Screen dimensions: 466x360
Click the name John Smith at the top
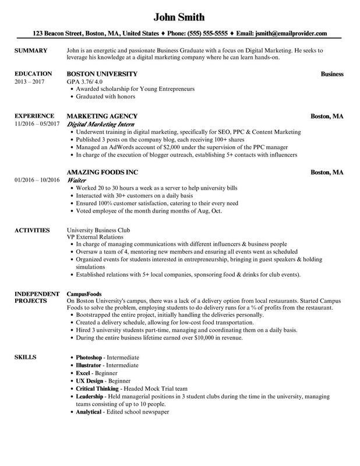point(179,16)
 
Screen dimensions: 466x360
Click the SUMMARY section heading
point(30,51)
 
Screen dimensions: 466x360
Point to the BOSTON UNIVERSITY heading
point(102,75)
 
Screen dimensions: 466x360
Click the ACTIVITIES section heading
point(32,230)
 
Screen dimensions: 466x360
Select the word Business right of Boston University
point(332,75)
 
